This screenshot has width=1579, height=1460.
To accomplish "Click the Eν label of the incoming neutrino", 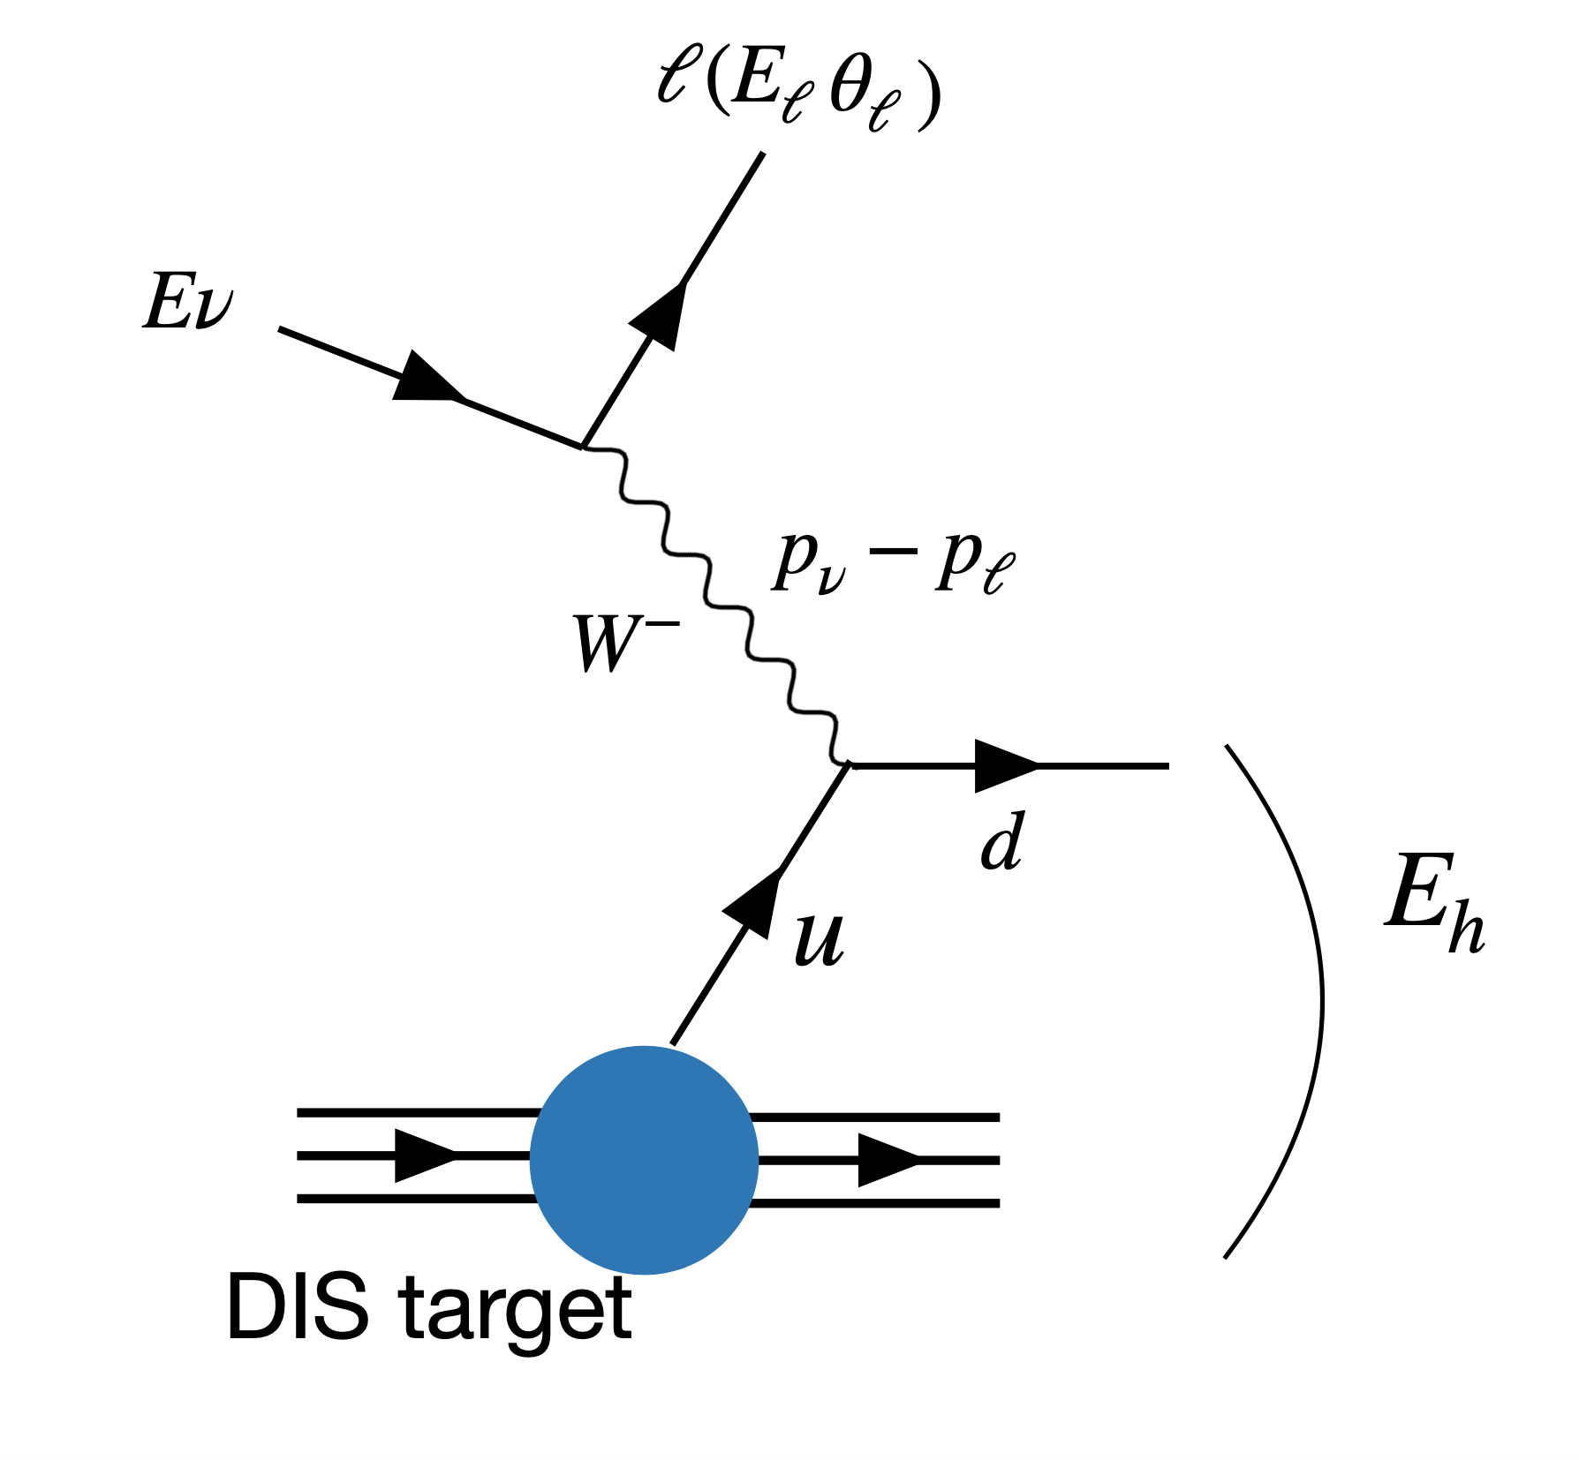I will click(x=188, y=302).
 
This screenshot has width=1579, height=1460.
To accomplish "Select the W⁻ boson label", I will click(x=624, y=643).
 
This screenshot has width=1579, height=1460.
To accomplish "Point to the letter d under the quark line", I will click(x=1002, y=842).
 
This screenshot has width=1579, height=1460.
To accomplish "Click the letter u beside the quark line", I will click(x=819, y=939).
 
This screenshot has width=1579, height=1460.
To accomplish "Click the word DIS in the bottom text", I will click(x=297, y=1307).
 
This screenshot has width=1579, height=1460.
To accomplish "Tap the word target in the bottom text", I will click(x=517, y=1312).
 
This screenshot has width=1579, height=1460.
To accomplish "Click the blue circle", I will click(x=644, y=1160).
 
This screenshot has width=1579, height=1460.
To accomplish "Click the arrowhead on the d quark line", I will click(x=1004, y=766).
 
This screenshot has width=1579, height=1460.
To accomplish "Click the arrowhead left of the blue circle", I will click(x=424, y=1155).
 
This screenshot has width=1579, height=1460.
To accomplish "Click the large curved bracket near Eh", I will click(x=1320, y=1002).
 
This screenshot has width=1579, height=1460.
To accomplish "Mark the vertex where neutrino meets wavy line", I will click(x=583, y=447).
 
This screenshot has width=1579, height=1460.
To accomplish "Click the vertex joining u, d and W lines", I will click(x=849, y=764).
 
